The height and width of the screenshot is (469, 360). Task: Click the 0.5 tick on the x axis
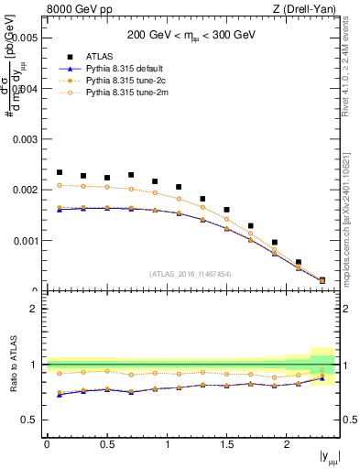[107, 443]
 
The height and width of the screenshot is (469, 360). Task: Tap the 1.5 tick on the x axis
[226, 443]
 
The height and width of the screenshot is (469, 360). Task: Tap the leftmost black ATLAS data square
[60, 172]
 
